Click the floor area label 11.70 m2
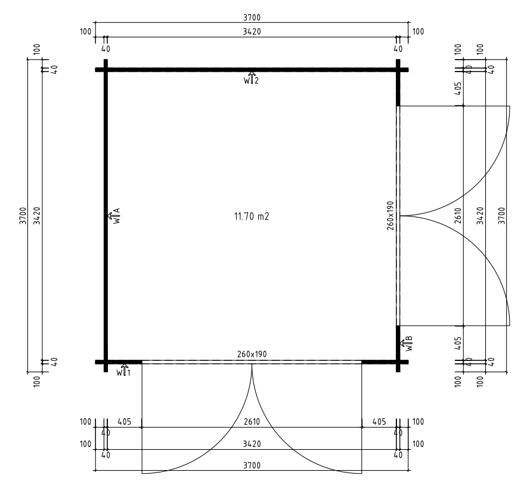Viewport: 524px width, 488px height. point(252,217)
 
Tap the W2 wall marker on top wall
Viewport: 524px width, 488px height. point(252,78)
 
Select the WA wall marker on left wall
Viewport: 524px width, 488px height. point(114,216)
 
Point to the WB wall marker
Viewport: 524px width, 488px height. point(407,344)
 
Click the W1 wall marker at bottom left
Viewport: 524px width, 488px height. point(123,370)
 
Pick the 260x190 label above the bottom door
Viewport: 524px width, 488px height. point(252,354)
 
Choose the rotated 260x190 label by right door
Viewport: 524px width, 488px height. point(390,215)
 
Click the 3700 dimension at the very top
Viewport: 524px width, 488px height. point(252,17)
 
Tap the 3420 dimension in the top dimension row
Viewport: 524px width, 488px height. point(252,32)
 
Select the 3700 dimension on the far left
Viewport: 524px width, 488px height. point(23,216)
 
